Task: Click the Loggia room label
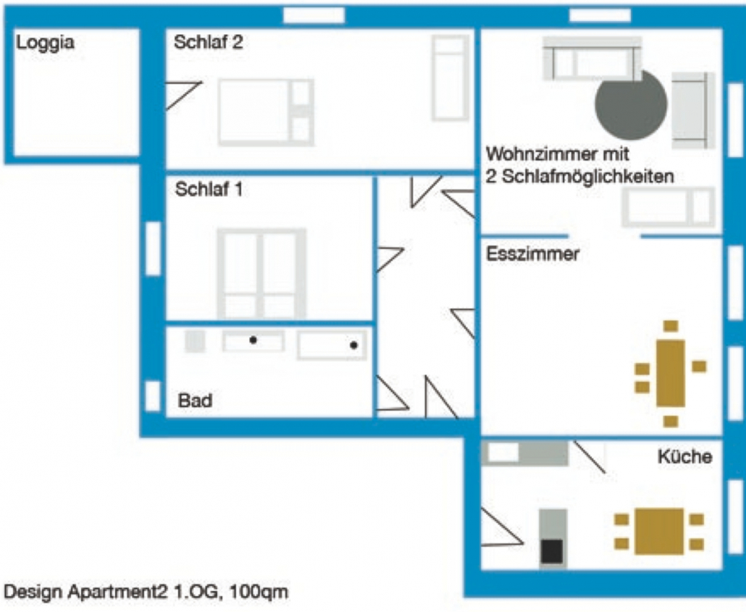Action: coord(45,43)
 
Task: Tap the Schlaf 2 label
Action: coord(209,42)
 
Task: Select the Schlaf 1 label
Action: coord(209,190)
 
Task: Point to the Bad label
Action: coord(195,401)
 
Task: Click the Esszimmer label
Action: coord(532,253)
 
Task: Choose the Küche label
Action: coord(685,456)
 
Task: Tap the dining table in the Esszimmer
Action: coord(671,374)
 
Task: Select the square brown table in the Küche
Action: coord(659,532)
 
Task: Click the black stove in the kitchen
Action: coord(552,551)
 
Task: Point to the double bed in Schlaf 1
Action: coord(261,274)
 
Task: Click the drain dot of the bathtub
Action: coord(353,345)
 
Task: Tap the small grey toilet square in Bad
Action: coord(195,341)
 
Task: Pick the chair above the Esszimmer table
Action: coord(671,326)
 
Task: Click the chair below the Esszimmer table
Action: coord(671,422)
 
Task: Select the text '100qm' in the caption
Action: coord(259,592)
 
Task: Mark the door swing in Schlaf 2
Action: coord(183,95)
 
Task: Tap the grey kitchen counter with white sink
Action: coord(525,453)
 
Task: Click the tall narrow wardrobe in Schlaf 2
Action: coord(450,78)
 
